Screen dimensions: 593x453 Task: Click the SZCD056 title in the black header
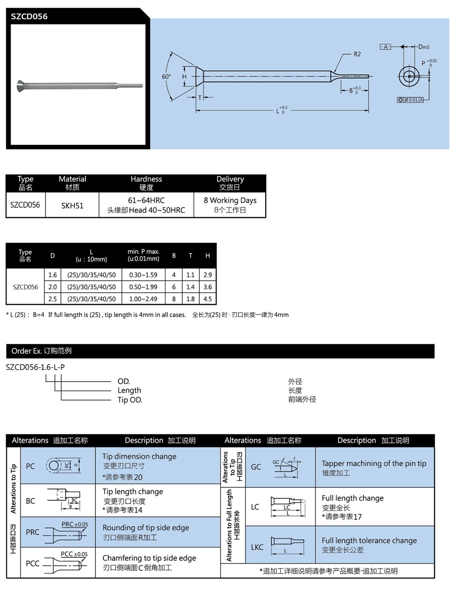29,16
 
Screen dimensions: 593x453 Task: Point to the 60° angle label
166,76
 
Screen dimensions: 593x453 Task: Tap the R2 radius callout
357,54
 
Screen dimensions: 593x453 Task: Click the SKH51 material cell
72,205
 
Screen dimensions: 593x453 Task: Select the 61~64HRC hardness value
146,200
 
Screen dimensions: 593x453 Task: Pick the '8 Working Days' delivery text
230,200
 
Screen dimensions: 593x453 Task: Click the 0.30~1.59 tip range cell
143,275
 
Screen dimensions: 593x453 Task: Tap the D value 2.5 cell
53,299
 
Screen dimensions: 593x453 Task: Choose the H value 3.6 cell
207,287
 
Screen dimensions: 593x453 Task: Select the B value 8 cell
173,299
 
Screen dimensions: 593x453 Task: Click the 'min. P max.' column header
143,255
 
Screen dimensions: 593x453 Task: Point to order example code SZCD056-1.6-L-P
35,367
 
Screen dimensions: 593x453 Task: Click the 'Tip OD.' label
130,399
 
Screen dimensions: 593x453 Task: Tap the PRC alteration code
32,532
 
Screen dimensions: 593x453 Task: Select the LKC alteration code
257,547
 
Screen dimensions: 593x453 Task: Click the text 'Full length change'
352,498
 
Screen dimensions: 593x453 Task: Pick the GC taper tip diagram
285,468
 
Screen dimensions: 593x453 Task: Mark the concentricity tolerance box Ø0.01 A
410,100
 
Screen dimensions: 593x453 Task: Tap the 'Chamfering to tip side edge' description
149,558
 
